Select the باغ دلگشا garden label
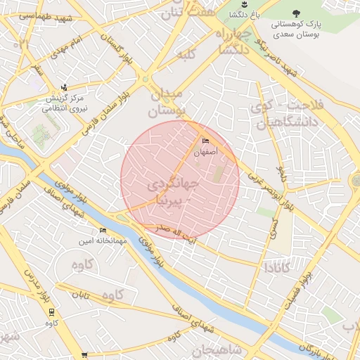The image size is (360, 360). (249, 14)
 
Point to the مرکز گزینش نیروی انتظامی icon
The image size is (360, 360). (65, 88)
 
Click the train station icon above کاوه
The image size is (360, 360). (51, 312)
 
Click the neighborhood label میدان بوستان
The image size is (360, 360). (166, 102)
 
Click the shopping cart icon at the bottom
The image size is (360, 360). (84, 355)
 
